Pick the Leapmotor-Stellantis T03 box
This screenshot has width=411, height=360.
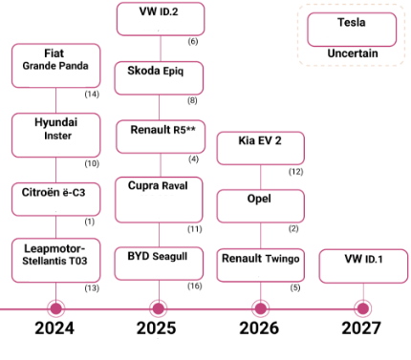tap(55, 261)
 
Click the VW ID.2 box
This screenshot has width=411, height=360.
tap(161, 19)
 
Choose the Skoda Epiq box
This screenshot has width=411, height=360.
tap(161, 76)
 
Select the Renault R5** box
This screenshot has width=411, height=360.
tap(161, 136)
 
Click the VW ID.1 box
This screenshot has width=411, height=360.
tap(360, 265)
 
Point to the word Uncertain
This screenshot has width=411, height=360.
tap(352, 53)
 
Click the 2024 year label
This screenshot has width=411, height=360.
tap(55, 329)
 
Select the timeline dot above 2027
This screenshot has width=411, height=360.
tap(361, 307)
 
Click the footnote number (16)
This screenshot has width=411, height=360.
tap(194, 286)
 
